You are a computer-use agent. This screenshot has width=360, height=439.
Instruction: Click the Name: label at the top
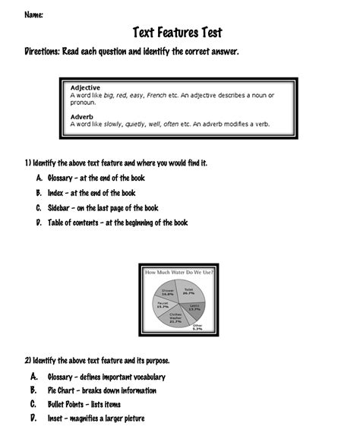click(33, 15)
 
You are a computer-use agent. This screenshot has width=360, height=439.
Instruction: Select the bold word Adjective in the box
click(85, 87)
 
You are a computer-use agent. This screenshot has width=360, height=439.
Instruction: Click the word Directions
click(46, 52)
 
